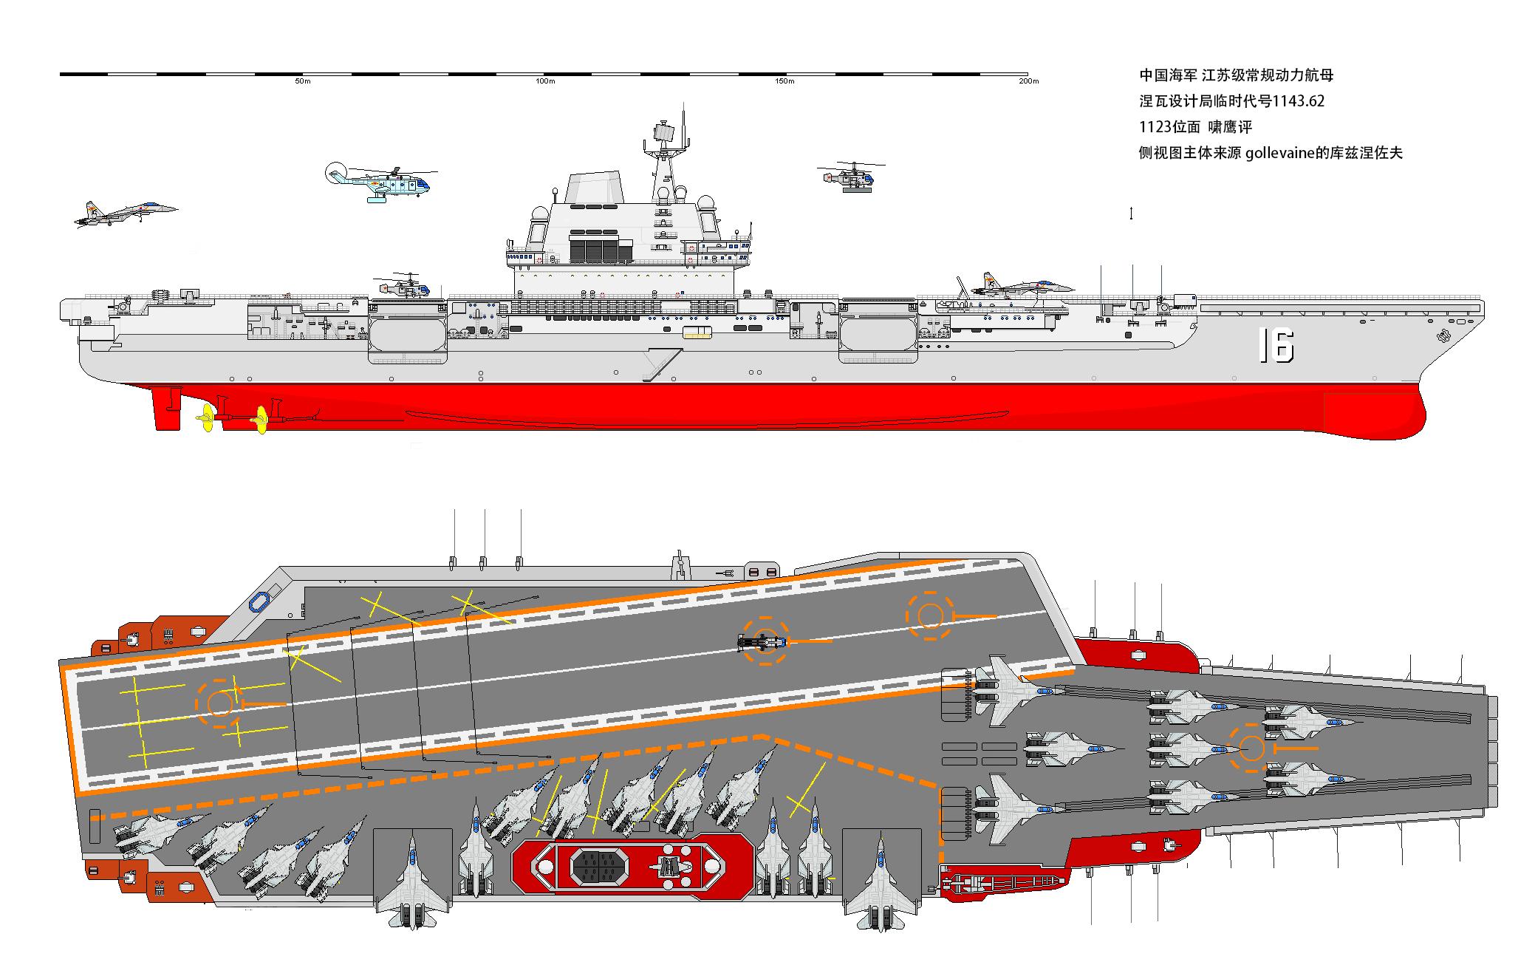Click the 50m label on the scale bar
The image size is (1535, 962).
tap(303, 81)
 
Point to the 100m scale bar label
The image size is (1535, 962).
tap(545, 81)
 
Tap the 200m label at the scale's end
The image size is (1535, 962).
tap(1028, 81)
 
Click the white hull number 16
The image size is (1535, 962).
tap(1276, 346)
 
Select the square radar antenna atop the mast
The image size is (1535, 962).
tap(663, 133)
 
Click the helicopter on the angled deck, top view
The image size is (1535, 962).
tap(761, 642)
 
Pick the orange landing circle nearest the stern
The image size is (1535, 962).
tap(219, 703)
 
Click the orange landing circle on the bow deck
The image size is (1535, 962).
tap(1251, 748)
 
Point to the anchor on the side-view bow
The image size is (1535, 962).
tap(1441, 336)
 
